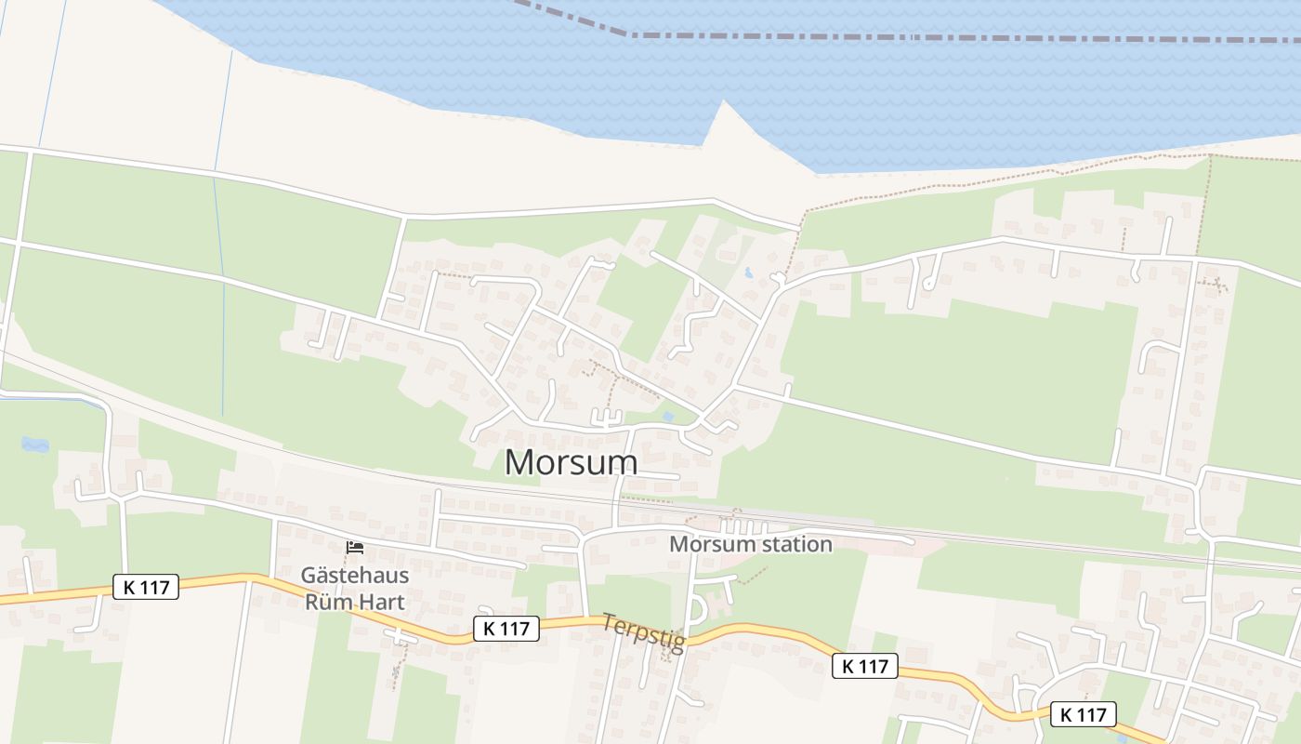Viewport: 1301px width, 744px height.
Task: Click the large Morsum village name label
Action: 571,462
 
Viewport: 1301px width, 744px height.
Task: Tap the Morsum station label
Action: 750,544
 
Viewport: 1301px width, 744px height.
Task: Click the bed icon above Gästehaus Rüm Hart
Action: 354,548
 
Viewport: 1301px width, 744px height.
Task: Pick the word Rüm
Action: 328,602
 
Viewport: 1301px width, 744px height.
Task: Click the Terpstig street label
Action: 643,632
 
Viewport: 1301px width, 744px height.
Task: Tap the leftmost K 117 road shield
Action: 145,587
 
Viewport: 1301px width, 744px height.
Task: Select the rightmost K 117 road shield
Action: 1083,714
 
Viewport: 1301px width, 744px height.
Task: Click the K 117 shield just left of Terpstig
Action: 506,629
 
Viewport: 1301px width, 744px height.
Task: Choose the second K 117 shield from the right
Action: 864,666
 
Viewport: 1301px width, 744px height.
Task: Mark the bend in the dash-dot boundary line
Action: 632,34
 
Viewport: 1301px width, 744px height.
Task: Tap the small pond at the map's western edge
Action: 35,445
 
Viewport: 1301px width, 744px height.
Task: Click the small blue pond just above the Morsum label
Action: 667,417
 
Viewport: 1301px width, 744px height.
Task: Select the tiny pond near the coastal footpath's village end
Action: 748,273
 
